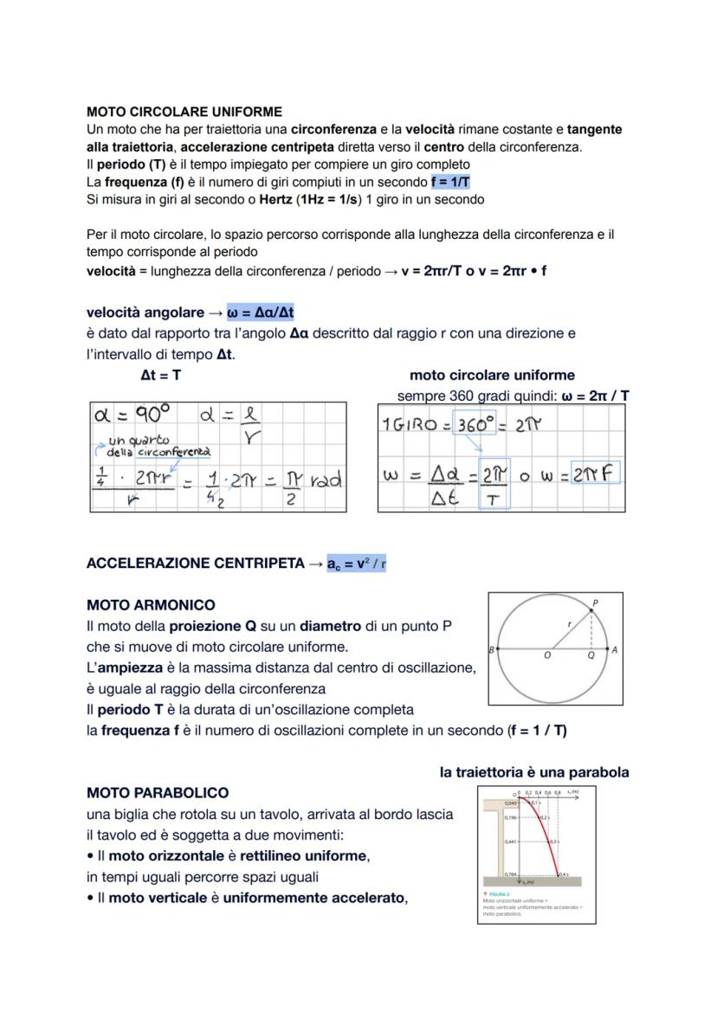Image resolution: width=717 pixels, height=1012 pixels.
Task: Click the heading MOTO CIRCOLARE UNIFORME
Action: pyautogui.click(x=184, y=112)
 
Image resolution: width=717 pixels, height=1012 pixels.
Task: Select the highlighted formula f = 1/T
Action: pyautogui.click(x=449, y=182)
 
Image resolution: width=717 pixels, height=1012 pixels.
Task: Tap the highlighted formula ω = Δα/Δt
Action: pyautogui.click(x=266, y=312)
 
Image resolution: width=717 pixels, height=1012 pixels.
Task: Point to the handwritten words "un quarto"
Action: pyautogui.click(x=139, y=441)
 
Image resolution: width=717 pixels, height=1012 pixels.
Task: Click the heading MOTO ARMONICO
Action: pyautogui.click(x=151, y=605)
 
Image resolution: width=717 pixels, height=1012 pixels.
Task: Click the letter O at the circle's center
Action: pyautogui.click(x=547, y=656)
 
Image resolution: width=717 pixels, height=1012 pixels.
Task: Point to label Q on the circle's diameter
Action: pyautogui.click(x=591, y=656)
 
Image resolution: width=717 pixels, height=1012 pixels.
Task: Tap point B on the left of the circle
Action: pyautogui.click(x=491, y=649)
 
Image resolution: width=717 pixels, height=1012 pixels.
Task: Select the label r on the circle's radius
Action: pyautogui.click(x=568, y=622)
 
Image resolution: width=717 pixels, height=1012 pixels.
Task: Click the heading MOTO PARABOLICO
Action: pyautogui.click(x=158, y=793)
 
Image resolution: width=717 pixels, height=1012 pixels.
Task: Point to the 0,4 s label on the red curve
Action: pyautogui.click(x=563, y=874)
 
